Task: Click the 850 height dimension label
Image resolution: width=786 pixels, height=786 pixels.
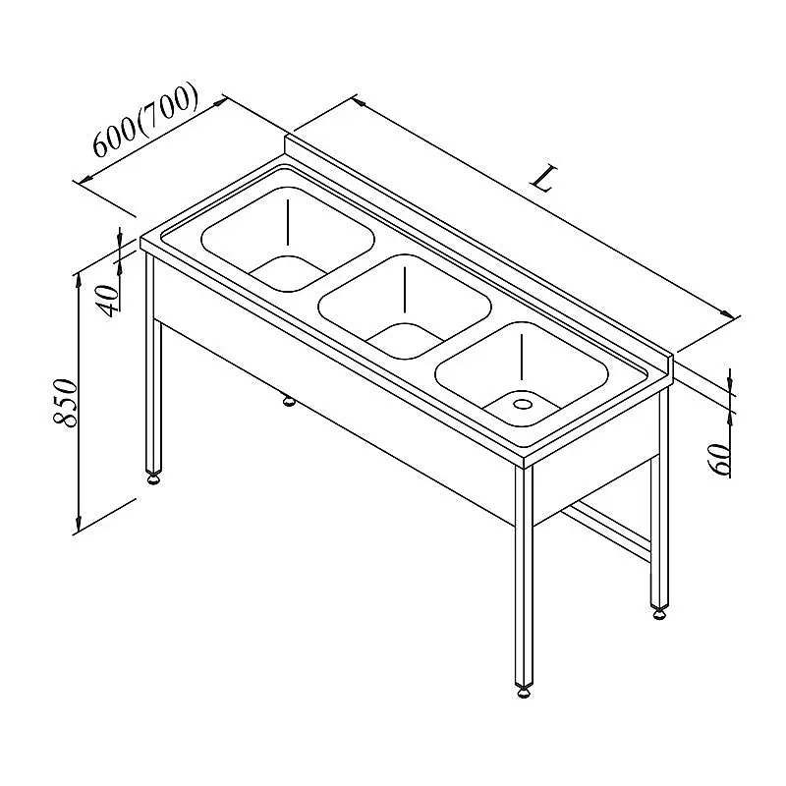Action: point(66,403)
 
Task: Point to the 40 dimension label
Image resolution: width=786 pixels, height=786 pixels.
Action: point(110,301)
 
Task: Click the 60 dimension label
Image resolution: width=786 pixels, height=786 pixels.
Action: point(720,459)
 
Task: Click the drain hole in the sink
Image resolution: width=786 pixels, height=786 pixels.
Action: point(523,403)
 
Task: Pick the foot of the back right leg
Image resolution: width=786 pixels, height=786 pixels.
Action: point(659,612)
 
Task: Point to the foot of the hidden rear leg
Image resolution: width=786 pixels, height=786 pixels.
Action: point(289,401)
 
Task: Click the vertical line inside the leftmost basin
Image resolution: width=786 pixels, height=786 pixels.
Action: point(288,222)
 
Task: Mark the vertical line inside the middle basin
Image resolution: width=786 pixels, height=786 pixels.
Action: point(405,289)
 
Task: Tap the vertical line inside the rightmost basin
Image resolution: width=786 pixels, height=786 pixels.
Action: point(522,357)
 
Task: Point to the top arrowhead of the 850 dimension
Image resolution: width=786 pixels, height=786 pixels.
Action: point(79,281)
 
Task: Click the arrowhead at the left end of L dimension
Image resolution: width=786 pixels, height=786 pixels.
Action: point(359,102)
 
